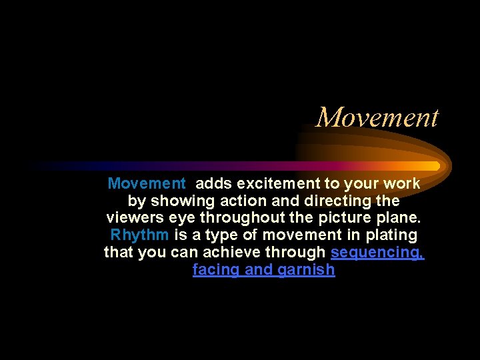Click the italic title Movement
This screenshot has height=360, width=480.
[x=377, y=117]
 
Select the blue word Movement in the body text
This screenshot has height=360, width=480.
[x=147, y=183]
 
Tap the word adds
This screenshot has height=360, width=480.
[x=214, y=183]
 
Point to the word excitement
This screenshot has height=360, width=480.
[x=275, y=183]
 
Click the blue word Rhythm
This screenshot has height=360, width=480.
[x=139, y=235]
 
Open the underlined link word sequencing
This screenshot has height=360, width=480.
[x=377, y=253]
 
